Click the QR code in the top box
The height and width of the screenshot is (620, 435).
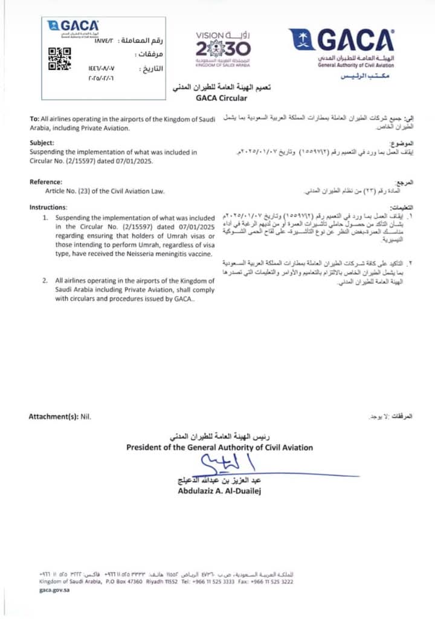(x=59, y=59)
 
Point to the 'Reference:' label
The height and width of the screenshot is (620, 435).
(x=46, y=182)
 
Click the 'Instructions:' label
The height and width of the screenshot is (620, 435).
(x=48, y=207)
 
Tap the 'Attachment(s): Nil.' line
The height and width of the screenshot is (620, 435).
(x=60, y=416)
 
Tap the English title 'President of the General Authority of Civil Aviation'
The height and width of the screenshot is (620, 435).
(x=219, y=448)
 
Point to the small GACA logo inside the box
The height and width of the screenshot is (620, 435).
(x=72, y=27)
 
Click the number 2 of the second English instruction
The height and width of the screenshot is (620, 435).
(x=45, y=281)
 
